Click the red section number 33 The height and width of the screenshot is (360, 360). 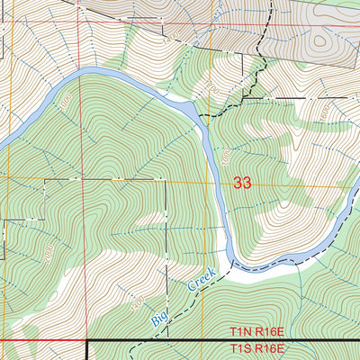point(241,183)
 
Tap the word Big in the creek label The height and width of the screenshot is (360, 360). point(159,316)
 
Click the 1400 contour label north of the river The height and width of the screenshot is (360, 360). point(166,40)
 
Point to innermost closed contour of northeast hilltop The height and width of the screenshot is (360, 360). point(318,40)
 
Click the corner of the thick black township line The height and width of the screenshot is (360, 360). point(87,341)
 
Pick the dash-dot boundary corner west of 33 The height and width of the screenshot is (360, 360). point(45,179)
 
